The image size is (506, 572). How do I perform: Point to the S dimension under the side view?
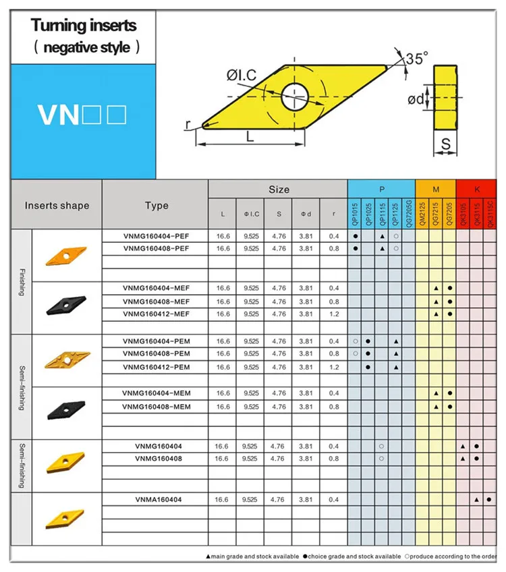click(445, 143)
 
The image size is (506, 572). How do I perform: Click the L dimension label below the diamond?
click(250, 136)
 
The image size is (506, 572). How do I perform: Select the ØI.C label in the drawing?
click(242, 76)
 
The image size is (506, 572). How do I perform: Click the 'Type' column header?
click(156, 206)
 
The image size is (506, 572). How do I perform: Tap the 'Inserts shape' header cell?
click(57, 206)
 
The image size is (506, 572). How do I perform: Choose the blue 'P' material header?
click(381, 190)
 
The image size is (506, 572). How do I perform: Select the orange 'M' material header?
click(436, 190)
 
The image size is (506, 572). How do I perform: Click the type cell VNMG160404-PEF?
click(156, 236)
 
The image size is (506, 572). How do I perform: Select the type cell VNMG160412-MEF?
click(156, 314)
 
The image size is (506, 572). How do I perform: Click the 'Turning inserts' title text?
click(84, 26)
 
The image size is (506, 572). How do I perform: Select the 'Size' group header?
click(279, 190)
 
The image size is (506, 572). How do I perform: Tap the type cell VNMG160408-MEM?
click(156, 407)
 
